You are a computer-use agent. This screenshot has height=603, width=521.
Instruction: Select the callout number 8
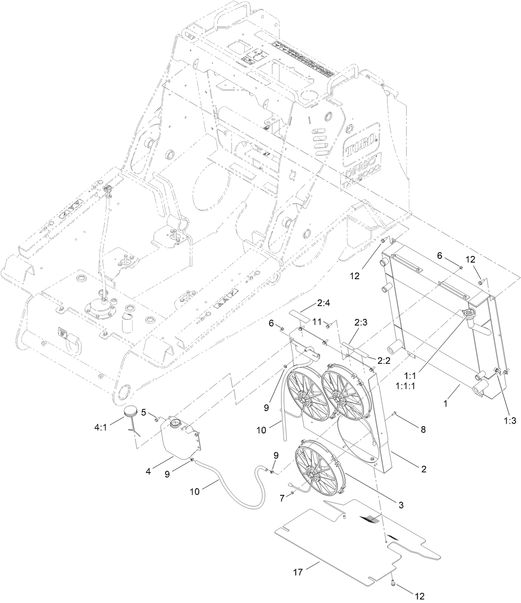423,430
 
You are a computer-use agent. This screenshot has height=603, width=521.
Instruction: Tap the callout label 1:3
510,421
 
